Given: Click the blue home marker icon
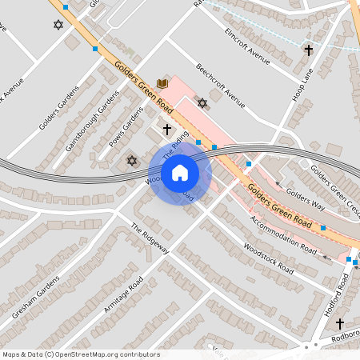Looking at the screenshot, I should pos(180,172).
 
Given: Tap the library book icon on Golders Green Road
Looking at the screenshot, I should pos(163,83).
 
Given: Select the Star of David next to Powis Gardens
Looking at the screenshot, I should pos(132,161).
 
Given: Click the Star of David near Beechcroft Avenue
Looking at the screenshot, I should pos(202,102).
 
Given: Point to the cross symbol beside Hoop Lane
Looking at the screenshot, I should pos(308,50).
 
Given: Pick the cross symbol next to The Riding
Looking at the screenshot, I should pos(167,129).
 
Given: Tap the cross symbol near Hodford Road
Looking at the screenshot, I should pos(340,324).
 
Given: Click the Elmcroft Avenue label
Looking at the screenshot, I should pos(248,46).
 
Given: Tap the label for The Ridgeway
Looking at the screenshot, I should pos(150,239).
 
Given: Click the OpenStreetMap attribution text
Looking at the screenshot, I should pos(80,354).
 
